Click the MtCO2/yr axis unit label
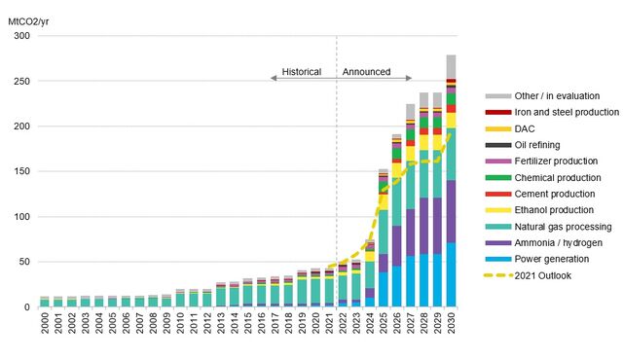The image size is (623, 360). tap(31, 17)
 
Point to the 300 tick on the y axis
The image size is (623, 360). tap(21, 36)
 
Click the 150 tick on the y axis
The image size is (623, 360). tap(21, 171)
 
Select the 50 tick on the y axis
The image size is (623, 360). tap(24, 262)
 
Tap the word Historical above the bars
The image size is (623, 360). tap(301, 72)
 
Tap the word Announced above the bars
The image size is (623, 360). tap(367, 72)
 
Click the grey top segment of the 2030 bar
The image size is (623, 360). tap(451, 67)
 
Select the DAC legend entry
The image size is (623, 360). tap(527, 128)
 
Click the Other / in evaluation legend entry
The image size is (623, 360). tap(557, 96)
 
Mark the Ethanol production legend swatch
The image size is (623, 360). tap(497, 210)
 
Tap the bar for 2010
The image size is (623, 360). tap(180, 298)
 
